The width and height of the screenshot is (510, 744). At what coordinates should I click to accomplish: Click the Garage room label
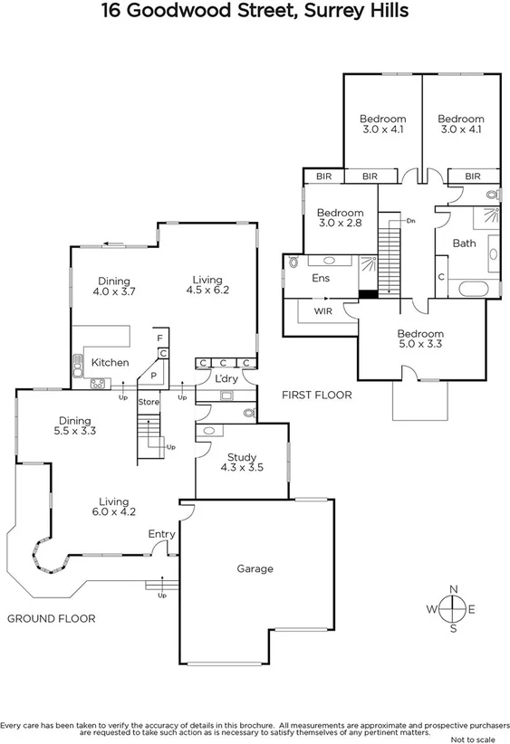[x=255, y=569]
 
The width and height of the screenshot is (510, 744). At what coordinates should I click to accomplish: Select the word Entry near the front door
[x=161, y=534]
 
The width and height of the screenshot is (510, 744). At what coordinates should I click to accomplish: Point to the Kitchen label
[x=110, y=363]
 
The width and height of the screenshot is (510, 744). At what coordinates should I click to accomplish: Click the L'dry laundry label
[x=226, y=378]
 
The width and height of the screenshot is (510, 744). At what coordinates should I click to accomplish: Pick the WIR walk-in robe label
[x=323, y=311]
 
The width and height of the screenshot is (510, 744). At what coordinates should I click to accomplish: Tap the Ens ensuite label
[x=321, y=279]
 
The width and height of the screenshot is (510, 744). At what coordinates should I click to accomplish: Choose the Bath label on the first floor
[x=464, y=243]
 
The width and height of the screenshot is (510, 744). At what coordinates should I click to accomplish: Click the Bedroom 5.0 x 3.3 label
[x=420, y=339]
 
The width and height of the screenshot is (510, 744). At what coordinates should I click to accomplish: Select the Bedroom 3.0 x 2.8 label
[x=340, y=218]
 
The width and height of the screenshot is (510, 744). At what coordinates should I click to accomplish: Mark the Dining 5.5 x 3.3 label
[x=76, y=426]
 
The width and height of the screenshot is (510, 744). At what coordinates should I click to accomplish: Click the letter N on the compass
[x=455, y=589]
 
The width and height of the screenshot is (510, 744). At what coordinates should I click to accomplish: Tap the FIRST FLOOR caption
[x=316, y=396]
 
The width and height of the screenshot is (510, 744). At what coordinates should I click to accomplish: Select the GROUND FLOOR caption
[x=52, y=618]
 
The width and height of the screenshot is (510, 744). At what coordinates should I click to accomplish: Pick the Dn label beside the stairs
[x=410, y=220]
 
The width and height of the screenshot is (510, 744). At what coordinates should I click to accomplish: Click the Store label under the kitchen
[x=149, y=402]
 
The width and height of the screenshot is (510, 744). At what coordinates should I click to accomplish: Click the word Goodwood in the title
[x=191, y=11]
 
